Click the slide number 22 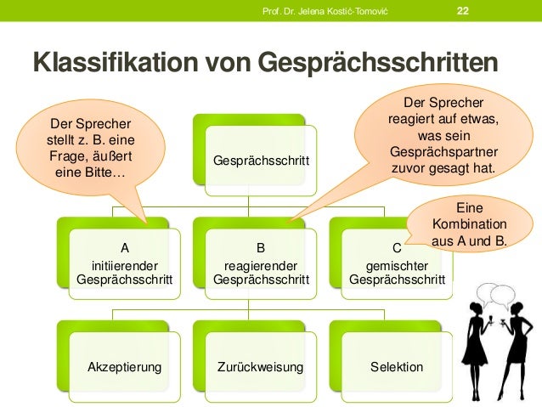462,10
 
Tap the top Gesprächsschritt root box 261,160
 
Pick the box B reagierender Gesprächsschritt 260,264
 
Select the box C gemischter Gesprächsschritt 396,264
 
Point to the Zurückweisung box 260,367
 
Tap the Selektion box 396,367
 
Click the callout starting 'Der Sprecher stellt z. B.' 91,148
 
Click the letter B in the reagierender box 260,249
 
